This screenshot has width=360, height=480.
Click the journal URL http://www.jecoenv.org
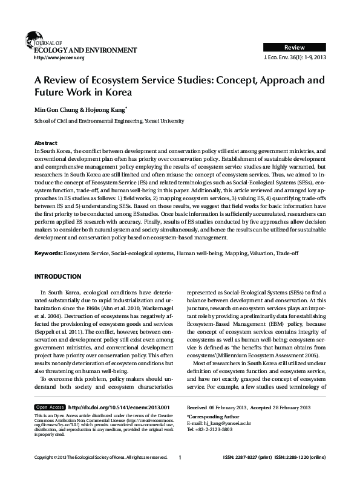tap(59, 57)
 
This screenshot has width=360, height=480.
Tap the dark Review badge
tap(295, 47)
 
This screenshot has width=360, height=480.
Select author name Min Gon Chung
tap(61, 111)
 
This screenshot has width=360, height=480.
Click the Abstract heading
tap(46, 143)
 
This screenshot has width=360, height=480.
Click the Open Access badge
tap(50, 407)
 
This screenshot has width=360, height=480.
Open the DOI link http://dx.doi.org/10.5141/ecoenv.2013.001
tap(119, 407)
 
